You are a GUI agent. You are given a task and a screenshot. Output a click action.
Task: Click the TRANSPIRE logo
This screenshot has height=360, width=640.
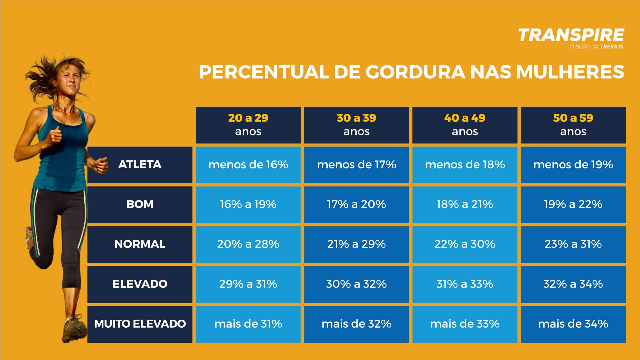pyautogui.click(x=571, y=35)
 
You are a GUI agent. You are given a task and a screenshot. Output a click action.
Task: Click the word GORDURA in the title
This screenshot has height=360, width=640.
pyautogui.click(x=415, y=72)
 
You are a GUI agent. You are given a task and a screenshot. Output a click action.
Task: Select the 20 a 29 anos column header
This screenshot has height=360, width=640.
pyautogui.click(x=248, y=125)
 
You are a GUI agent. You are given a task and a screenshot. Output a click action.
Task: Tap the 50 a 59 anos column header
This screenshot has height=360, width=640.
pyautogui.click(x=573, y=125)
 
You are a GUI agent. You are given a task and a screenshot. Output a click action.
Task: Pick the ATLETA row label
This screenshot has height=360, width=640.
pyautogui.click(x=140, y=164)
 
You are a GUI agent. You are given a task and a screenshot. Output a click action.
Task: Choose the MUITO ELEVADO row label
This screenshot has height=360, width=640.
pyautogui.click(x=140, y=324)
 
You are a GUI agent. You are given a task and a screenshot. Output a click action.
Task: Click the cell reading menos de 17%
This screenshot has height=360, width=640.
pyautogui.click(x=356, y=164)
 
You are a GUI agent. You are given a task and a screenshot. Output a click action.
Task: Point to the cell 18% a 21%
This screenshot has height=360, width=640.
pyautogui.click(x=465, y=204)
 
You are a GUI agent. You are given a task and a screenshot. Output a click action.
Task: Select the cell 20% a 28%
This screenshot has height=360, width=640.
pyautogui.click(x=248, y=244)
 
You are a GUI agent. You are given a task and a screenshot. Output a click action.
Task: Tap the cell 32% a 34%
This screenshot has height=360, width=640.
pyautogui.click(x=573, y=284)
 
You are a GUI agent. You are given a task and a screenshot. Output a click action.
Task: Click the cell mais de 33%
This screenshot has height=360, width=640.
pyautogui.click(x=465, y=324)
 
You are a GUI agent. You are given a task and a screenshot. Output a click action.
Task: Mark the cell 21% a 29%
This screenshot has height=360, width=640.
pyautogui.click(x=356, y=244)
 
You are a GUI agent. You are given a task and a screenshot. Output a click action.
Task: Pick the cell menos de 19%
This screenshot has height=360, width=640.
pyautogui.click(x=573, y=164)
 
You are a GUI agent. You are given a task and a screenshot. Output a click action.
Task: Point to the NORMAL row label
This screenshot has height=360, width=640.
pyautogui.click(x=140, y=244)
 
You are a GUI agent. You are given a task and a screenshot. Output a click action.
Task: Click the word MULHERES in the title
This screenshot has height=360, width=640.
pyautogui.click(x=570, y=72)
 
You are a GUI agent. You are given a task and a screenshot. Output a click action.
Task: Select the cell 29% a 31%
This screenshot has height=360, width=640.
pyautogui.click(x=248, y=284)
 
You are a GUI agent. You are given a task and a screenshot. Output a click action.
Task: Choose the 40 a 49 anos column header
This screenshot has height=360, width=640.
pyautogui.click(x=465, y=125)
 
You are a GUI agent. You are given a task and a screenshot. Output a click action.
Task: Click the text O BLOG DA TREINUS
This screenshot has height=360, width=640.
pyautogui.click(x=596, y=47)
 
